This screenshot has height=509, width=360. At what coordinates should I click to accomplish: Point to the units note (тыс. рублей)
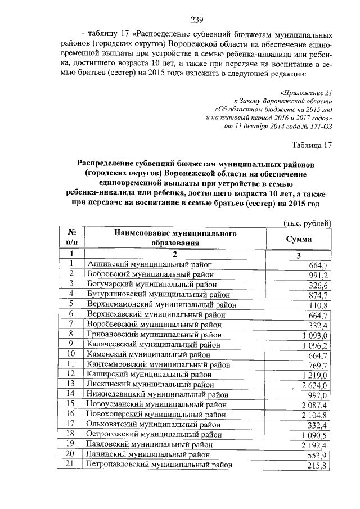point(308,223)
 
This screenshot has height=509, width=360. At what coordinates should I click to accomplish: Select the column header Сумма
point(299,238)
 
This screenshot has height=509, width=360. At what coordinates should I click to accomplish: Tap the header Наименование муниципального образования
point(175,238)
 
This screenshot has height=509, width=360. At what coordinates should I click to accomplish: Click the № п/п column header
point(71,238)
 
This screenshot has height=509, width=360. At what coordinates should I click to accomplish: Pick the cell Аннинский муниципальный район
point(149,264)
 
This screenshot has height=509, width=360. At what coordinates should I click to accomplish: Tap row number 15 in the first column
point(71,404)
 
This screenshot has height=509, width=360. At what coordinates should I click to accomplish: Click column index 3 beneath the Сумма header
point(299,254)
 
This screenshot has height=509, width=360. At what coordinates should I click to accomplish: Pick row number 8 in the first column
point(71,334)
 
